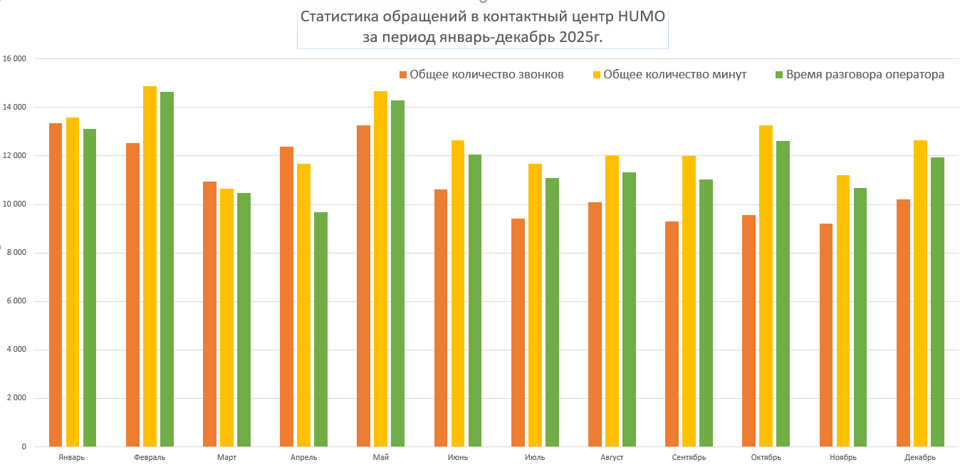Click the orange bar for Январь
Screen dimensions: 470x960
pos(56,285)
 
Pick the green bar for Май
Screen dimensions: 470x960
pos(397,273)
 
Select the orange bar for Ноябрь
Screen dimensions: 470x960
pos(826,335)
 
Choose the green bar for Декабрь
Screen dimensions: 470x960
pos(936,302)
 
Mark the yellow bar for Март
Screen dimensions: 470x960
pos(226,318)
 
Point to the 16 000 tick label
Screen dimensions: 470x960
pos(14,58)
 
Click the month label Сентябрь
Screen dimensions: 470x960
pos(689,457)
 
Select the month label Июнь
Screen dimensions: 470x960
pos(458,457)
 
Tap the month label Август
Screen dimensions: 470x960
pos(612,457)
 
